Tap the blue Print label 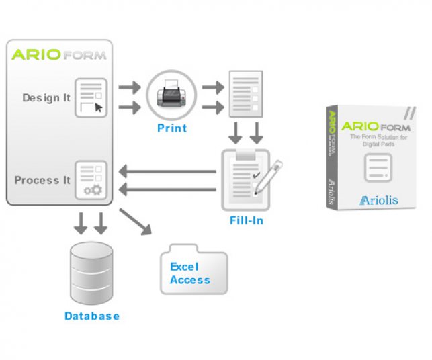tap(171, 128)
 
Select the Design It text tap(46, 98)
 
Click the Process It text tap(42, 180)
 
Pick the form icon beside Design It tap(91, 97)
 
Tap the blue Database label tap(92, 316)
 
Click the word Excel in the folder tap(184, 267)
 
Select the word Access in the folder tap(190, 280)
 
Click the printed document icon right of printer tap(245, 95)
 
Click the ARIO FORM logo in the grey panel tap(58, 55)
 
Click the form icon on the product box tap(378, 167)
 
